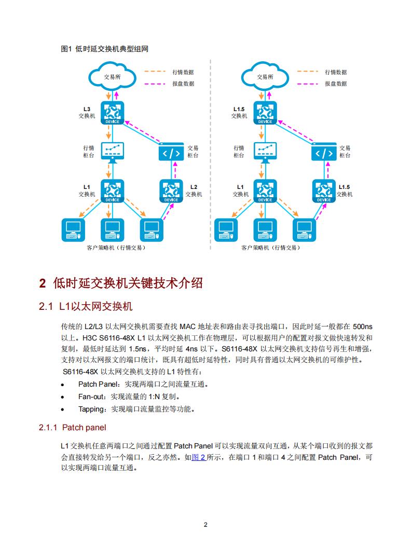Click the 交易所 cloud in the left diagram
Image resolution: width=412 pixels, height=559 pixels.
112,77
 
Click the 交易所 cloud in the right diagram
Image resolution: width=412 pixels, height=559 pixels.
265,77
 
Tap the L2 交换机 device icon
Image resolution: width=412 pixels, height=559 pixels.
171,190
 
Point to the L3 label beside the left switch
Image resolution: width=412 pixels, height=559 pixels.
87,109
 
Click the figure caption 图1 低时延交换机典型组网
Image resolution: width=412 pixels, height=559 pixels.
105,49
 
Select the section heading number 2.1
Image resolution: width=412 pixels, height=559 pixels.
46,307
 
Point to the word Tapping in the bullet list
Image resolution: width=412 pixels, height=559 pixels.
91,409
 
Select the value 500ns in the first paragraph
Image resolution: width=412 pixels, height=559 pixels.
362,326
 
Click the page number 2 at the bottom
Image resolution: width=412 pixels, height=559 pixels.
206,525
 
